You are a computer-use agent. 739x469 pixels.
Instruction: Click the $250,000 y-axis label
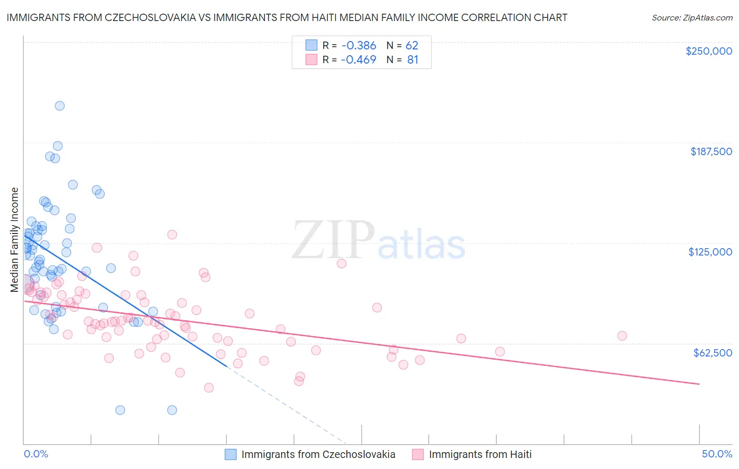pos(709,51)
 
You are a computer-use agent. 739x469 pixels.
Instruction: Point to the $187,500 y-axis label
pos(711,151)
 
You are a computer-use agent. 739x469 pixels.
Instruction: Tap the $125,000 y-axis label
pos(710,252)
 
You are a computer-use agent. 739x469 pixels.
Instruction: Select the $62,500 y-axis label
pos(712,353)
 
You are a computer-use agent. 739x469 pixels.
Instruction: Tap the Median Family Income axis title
pos(15,239)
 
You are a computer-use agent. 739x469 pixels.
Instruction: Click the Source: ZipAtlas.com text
pos(692,18)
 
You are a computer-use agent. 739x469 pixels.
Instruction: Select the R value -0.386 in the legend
pos(358,45)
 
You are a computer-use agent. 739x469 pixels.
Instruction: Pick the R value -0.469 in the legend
pos(358,59)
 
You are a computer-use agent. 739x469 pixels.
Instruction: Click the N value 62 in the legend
pos(412,45)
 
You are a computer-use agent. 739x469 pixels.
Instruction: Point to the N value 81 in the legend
pos(413,59)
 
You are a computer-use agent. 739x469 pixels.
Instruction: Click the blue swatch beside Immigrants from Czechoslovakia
pos(231,454)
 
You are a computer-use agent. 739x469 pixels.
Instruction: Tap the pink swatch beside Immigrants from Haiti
pos(418,454)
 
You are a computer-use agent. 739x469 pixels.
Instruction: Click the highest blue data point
pos(60,106)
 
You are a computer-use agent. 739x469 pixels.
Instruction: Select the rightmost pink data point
pos(622,335)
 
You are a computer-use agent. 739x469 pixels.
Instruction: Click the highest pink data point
pos(172,234)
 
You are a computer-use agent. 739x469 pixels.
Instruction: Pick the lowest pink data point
pos(209,388)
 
